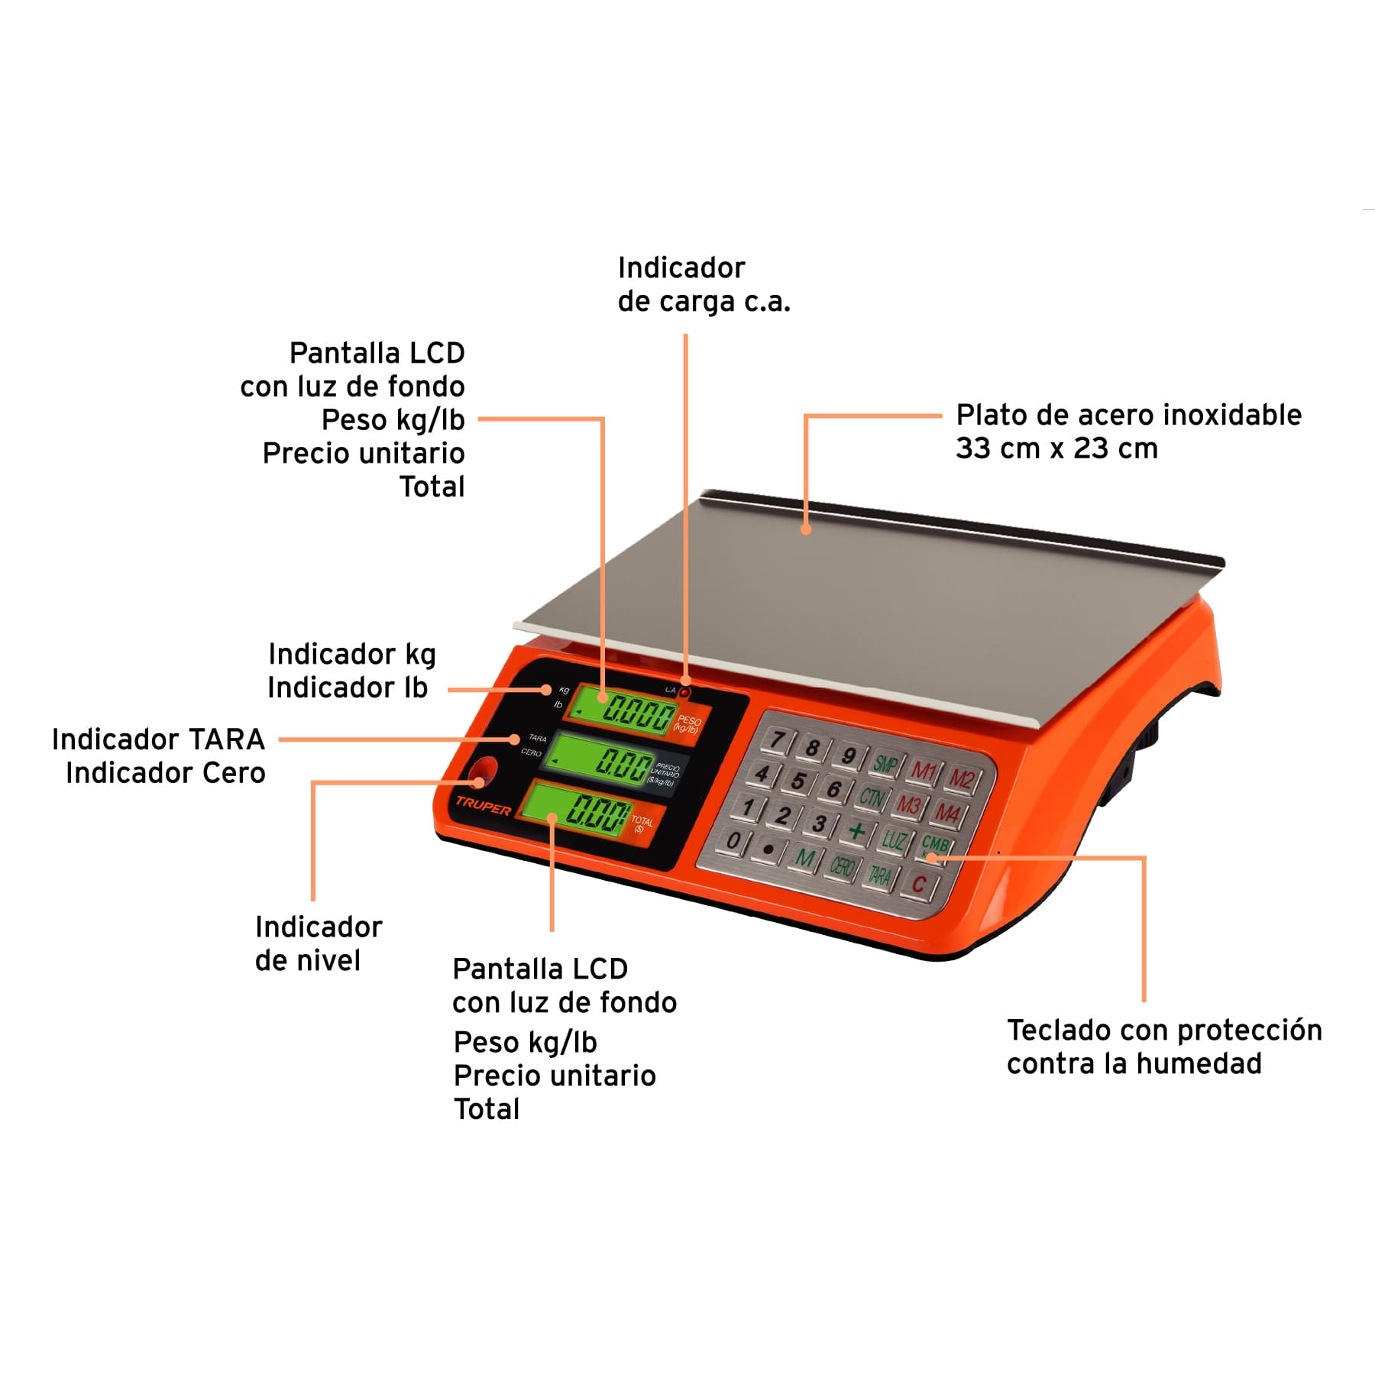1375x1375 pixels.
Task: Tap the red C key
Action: pyautogui.click(x=919, y=885)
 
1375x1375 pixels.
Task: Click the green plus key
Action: pyautogui.click(x=857, y=830)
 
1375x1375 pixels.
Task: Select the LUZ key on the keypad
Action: pyautogui.click(x=893, y=840)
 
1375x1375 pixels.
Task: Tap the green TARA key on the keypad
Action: pyautogui.click(x=880, y=875)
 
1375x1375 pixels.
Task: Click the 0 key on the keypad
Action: pyautogui.click(x=733, y=840)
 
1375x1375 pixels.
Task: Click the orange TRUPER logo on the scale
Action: pyautogui.click(x=483, y=805)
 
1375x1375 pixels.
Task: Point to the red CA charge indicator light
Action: pyautogui.click(x=685, y=692)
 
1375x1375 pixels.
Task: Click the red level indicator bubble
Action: pyautogui.click(x=482, y=773)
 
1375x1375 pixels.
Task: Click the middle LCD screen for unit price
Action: pyautogui.click(x=601, y=761)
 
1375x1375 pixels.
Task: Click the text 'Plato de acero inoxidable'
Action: pyautogui.click(x=1128, y=415)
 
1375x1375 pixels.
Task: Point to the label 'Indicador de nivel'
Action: pyautogui.click(x=318, y=943)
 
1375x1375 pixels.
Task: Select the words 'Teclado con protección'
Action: pyautogui.click(x=1163, y=1030)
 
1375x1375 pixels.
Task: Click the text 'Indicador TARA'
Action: pyautogui.click(x=158, y=739)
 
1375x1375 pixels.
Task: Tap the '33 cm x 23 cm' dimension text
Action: pyautogui.click(x=1056, y=448)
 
